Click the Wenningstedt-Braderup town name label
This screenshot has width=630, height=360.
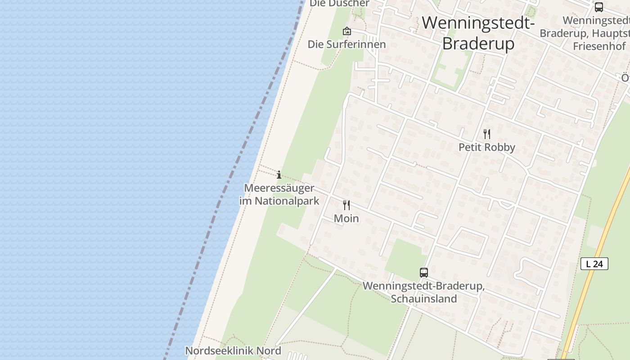pyautogui.click(x=478, y=33)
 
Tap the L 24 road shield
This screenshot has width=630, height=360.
pyautogui.click(x=594, y=264)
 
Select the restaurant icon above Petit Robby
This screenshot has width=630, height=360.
pyautogui.click(x=486, y=134)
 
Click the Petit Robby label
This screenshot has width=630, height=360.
pyautogui.click(x=486, y=147)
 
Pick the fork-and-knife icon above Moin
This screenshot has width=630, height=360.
pyautogui.click(x=346, y=205)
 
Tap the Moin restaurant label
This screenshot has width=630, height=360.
pyautogui.click(x=346, y=219)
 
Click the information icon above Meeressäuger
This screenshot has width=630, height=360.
pyautogui.click(x=279, y=175)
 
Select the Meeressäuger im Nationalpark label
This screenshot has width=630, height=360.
pyautogui.click(x=279, y=194)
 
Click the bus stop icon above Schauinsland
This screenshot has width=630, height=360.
pyautogui.click(x=424, y=272)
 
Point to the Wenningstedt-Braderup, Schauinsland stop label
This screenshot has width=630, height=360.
pyautogui.click(x=423, y=292)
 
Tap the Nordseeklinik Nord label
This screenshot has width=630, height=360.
pyautogui.click(x=233, y=351)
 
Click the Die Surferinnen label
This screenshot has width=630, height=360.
pyautogui.click(x=346, y=44)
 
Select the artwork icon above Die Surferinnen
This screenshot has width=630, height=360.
pyautogui.click(x=346, y=31)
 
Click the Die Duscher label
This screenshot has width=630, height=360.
pyautogui.click(x=339, y=4)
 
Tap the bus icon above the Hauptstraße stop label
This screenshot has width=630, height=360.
pyautogui.click(x=599, y=7)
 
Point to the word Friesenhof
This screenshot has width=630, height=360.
pyautogui.click(x=599, y=46)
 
